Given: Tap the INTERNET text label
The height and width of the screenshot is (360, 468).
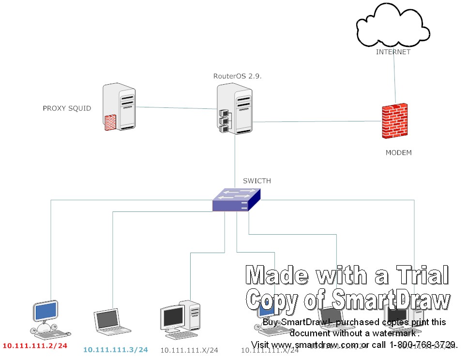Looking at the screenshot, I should [393, 52].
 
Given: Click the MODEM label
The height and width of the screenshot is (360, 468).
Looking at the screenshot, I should [398, 153].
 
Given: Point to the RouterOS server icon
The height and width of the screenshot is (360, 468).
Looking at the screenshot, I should [235, 108].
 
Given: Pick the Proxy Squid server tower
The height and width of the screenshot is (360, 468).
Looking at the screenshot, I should [119, 107].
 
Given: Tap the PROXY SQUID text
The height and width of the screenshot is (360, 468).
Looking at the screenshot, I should [67, 108].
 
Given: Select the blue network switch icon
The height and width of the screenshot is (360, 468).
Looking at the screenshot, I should [237, 200].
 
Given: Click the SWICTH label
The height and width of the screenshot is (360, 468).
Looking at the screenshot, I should [257, 181].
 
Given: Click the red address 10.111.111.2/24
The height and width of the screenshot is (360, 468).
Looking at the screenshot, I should [35, 346].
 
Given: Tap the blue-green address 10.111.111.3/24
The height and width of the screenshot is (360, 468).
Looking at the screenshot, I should [115, 349].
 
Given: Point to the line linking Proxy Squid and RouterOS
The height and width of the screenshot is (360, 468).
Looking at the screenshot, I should [176, 108].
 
